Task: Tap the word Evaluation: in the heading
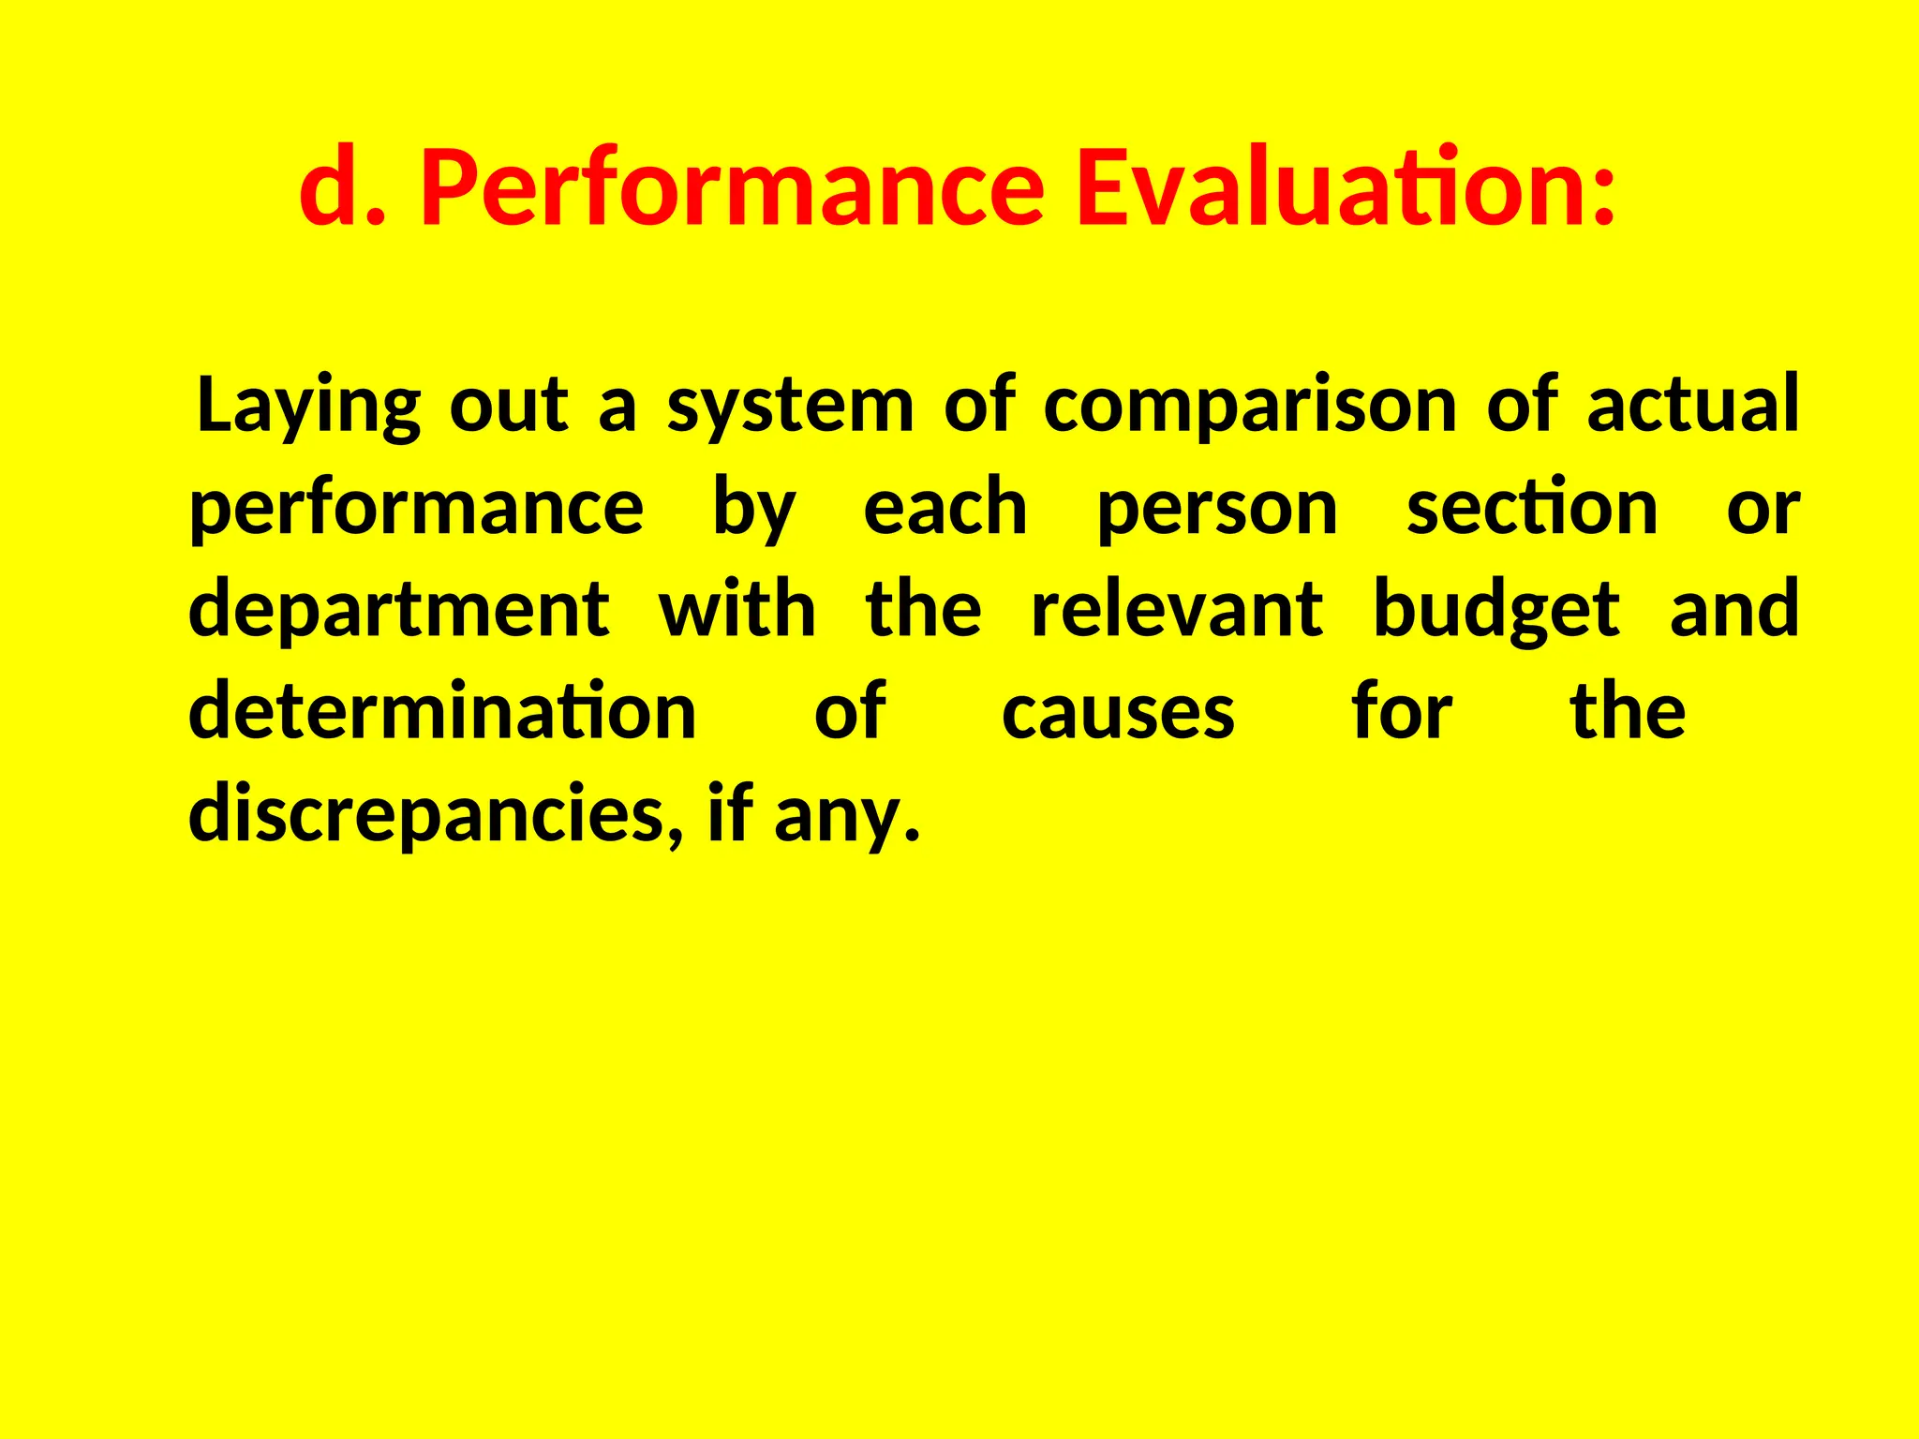click(x=1346, y=190)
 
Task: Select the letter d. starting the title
click(x=342, y=190)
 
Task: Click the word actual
click(x=1692, y=405)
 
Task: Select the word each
click(x=945, y=508)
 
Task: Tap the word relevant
click(x=1177, y=609)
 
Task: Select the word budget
click(x=1495, y=611)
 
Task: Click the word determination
click(x=442, y=712)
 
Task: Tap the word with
click(x=737, y=609)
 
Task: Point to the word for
click(x=1402, y=712)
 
